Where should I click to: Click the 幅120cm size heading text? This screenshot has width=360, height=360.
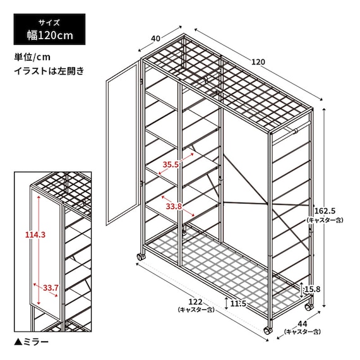pos(50,35)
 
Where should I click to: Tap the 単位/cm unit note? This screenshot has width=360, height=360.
pos(32,57)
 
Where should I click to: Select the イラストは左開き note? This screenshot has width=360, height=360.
pos(49,71)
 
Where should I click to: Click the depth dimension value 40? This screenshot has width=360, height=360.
pos(155,39)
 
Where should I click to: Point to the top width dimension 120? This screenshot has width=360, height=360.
pos(258,62)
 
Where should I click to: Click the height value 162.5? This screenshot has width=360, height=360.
pos(325,210)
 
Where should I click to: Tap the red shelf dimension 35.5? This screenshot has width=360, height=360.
pos(171,164)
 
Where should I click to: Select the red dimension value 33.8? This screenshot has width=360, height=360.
pos(174,207)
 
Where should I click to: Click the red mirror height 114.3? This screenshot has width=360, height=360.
pos(35,235)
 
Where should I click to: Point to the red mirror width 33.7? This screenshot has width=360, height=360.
pos(51,287)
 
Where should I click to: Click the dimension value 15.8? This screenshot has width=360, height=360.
pos(312,289)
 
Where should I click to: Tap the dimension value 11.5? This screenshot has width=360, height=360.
pos(238,304)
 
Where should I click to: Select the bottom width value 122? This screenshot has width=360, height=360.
pos(195,302)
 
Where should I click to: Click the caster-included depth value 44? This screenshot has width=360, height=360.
pos(302,324)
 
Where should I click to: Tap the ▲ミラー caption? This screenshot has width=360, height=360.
pos(31,342)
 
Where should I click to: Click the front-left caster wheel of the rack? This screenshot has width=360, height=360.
pos(141,256)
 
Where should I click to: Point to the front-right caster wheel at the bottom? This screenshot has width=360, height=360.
pos(268,331)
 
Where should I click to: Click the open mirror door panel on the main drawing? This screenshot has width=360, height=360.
pos(122,144)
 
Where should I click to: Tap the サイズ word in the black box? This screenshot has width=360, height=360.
pos(49,23)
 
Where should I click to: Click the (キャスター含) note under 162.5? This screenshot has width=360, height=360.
pos(325,220)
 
